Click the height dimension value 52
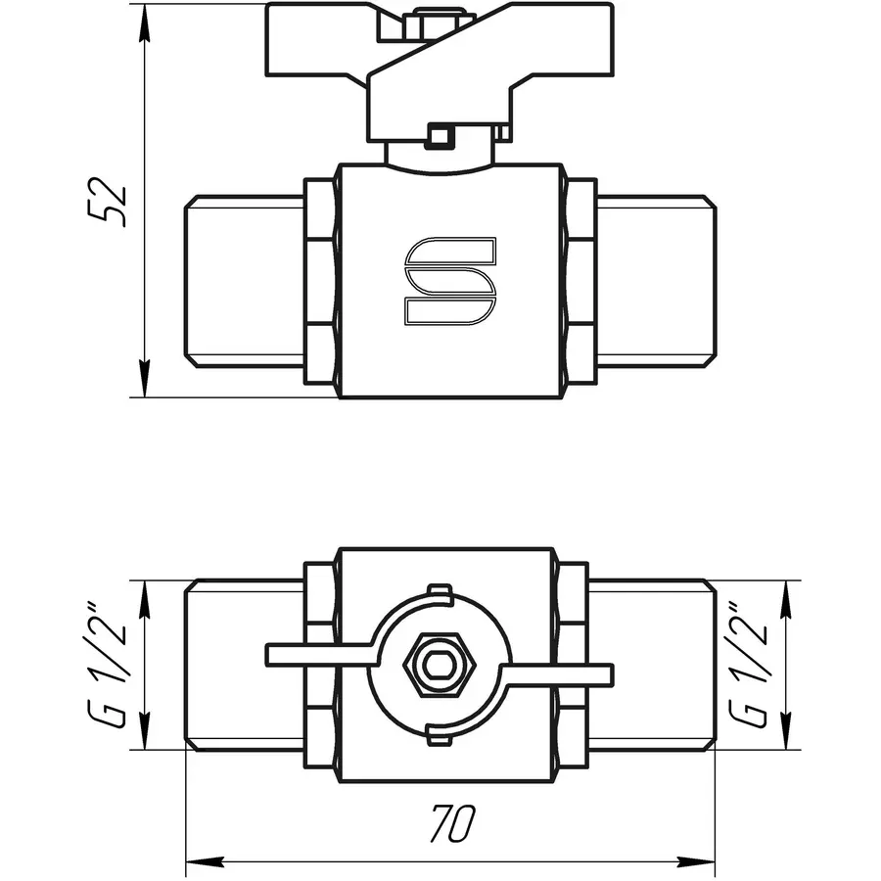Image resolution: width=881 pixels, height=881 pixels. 116,203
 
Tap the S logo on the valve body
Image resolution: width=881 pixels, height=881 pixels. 450,280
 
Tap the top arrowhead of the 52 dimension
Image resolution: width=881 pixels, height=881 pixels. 144,24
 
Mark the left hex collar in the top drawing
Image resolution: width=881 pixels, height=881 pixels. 320,281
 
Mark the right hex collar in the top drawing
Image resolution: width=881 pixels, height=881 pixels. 580,281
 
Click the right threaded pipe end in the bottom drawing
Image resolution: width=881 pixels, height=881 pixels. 654,666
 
